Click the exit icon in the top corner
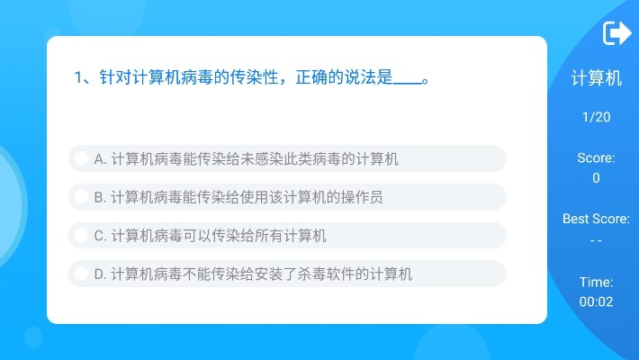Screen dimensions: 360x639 616,33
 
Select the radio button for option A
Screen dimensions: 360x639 81,159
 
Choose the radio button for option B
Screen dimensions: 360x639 81,197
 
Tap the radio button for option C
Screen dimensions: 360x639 81,236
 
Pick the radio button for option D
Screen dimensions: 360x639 81,274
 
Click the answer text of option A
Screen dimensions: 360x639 246,159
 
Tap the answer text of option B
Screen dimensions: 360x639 238,197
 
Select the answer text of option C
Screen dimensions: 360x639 210,236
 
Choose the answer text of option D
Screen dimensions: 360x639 253,274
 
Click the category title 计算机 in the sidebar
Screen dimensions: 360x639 596,79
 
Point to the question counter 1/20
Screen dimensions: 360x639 596,117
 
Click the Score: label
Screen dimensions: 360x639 596,158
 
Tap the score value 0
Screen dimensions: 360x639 596,178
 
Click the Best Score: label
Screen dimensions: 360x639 596,219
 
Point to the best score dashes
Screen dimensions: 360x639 596,240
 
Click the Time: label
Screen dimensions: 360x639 596,282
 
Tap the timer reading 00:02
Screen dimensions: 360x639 596,302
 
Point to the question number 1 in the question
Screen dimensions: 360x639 78,77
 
